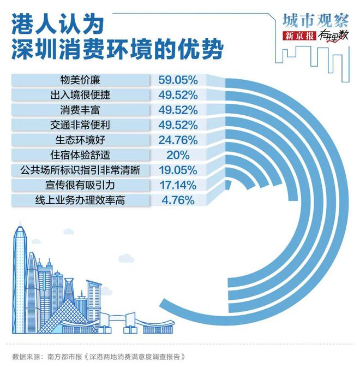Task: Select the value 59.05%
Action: (x=178, y=80)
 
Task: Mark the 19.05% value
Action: (x=178, y=170)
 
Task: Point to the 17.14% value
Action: (x=178, y=185)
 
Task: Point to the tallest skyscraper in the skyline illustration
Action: (x=20, y=273)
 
